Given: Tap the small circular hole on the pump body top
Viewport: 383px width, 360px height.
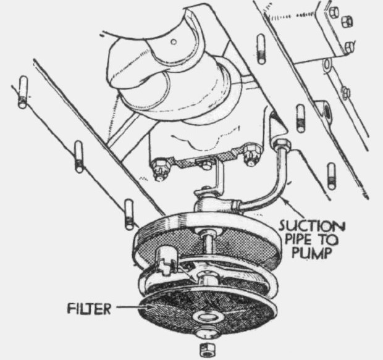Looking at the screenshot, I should click(174, 41).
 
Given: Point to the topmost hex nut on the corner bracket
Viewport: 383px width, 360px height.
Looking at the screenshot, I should click(332, 10).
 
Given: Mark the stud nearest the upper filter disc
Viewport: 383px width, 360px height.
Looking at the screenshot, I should click(128, 213).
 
